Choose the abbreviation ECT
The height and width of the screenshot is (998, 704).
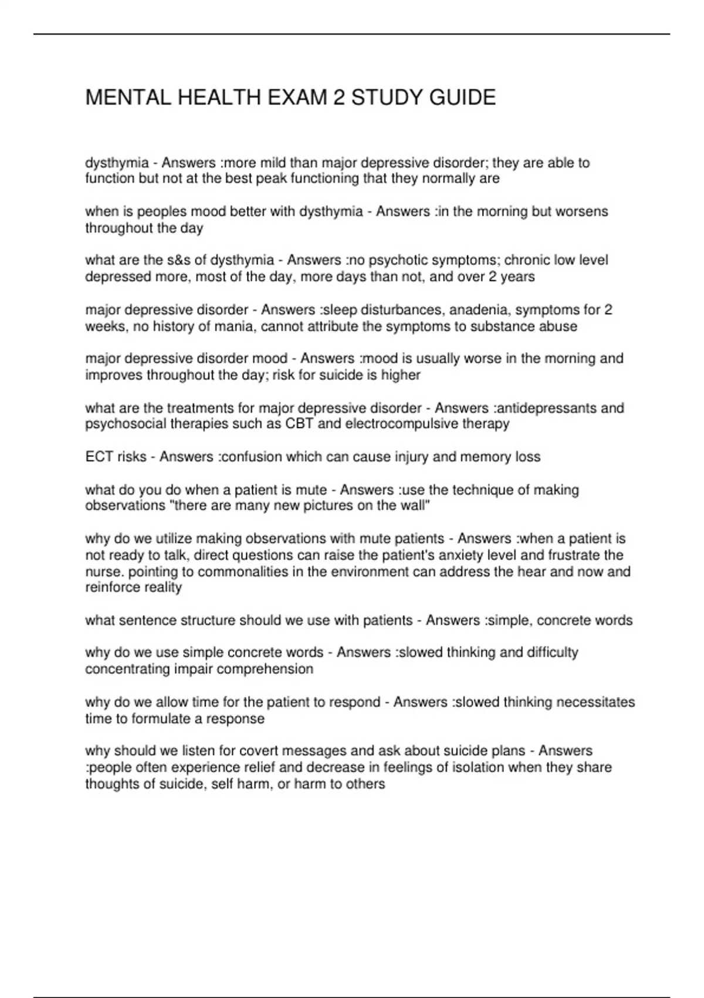[x=99, y=457]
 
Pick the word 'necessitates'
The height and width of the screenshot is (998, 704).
[x=595, y=702]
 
